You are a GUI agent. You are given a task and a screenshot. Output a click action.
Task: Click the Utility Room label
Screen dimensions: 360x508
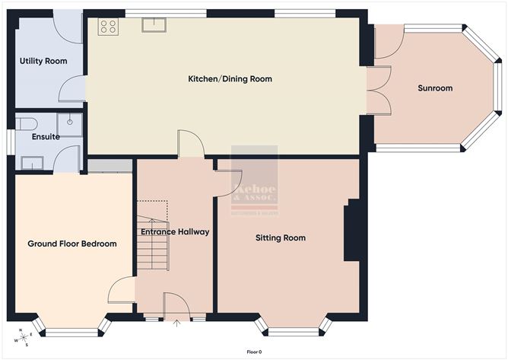pos(43,61)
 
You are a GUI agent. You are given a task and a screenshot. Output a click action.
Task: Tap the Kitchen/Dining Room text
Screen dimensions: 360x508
pos(230,79)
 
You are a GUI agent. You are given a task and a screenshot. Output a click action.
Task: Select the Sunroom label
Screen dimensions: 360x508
pos(435,88)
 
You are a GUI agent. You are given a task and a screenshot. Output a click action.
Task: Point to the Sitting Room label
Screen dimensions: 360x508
pos(280,238)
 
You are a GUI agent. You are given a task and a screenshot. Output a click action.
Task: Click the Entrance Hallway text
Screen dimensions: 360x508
pos(175,231)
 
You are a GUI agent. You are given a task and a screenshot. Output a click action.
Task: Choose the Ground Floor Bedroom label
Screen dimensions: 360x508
pos(72,244)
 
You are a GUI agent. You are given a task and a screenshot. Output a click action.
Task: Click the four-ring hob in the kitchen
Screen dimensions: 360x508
pos(108,27)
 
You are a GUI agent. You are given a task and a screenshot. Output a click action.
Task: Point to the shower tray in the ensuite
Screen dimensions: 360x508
pos(68,124)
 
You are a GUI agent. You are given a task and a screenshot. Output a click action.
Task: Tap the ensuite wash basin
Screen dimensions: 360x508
pos(32,162)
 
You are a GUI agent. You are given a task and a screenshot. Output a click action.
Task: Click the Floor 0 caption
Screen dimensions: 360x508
pos(254,352)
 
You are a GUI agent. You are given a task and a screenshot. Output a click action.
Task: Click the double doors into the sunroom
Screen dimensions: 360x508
pos(378,90)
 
